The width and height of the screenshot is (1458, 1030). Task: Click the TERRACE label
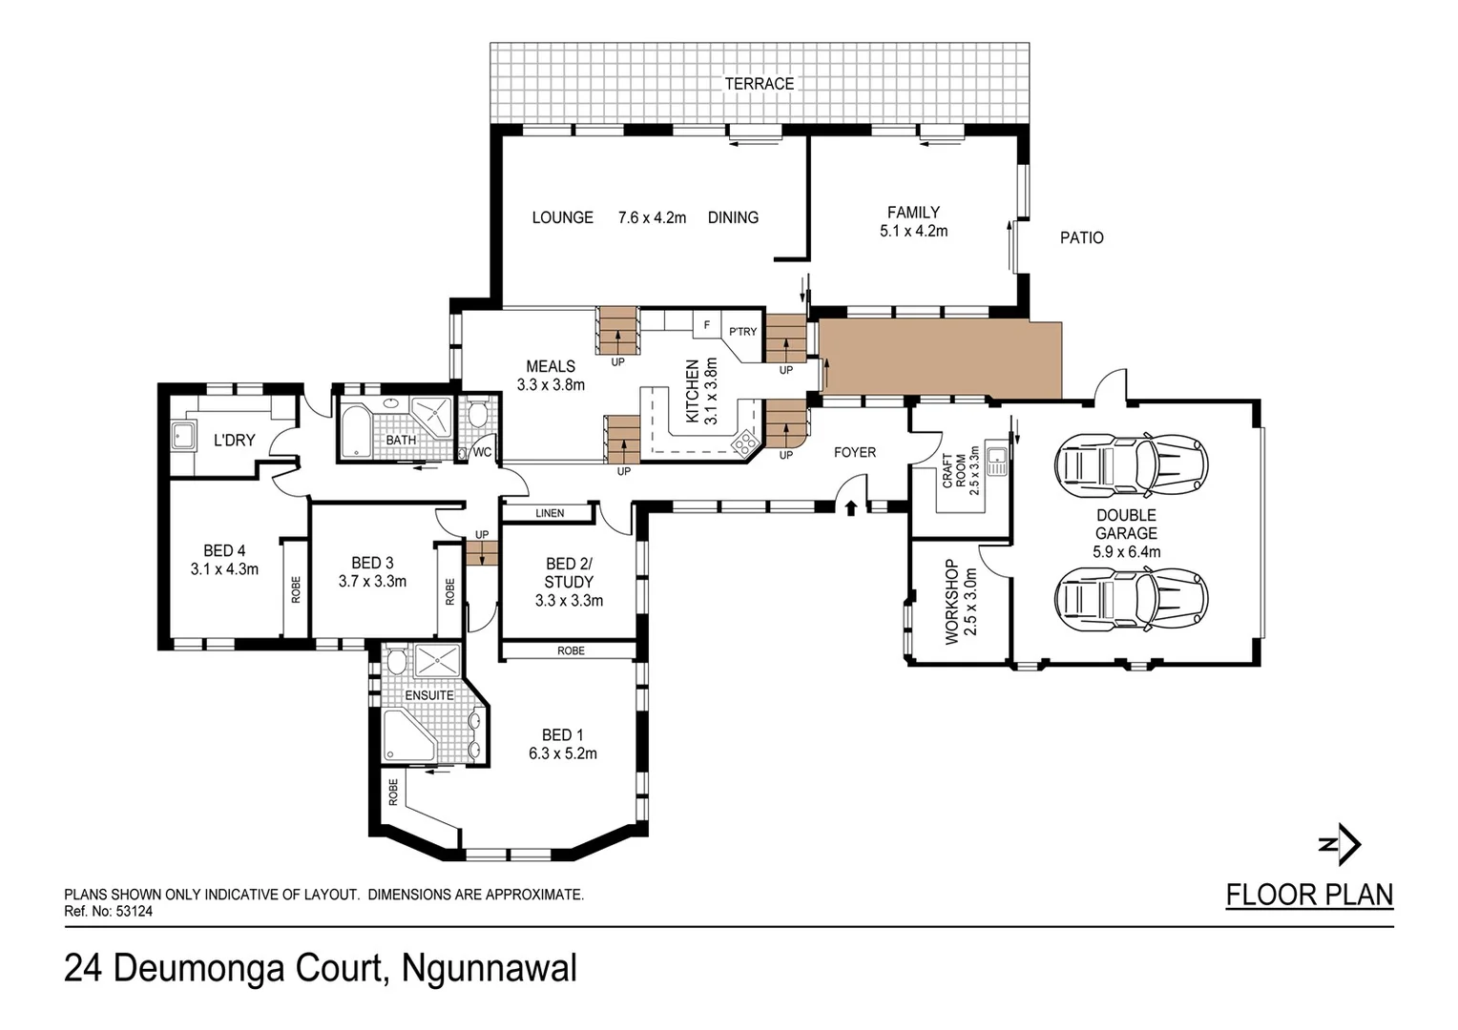tap(759, 84)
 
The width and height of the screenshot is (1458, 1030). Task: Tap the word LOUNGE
tap(562, 217)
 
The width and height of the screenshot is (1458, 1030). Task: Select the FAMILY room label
tap(913, 213)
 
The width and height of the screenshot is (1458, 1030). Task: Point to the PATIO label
tap(1081, 237)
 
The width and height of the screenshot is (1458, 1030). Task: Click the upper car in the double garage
tap(1131, 465)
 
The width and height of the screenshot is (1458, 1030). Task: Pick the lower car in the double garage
tap(1131, 600)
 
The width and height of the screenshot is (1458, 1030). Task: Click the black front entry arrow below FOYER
tap(850, 508)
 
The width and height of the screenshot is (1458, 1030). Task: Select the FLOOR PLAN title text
tap(1309, 895)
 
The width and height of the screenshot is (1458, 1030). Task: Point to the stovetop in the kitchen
tap(743, 442)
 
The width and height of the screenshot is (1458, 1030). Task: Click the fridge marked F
tap(706, 325)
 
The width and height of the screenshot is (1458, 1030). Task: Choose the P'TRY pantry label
tap(742, 332)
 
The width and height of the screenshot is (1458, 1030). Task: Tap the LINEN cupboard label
tap(550, 513)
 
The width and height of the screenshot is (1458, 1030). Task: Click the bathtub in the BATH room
tap(354, 431)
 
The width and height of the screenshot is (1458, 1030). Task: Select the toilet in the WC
tap(478, 416)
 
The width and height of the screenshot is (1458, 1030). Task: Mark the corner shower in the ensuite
tap(407, 736)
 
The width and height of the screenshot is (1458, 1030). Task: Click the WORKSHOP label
tap(951, 602)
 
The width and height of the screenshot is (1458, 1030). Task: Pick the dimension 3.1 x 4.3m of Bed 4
tap(224, 569)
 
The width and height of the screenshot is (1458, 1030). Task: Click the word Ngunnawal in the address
tap(489, 969)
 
